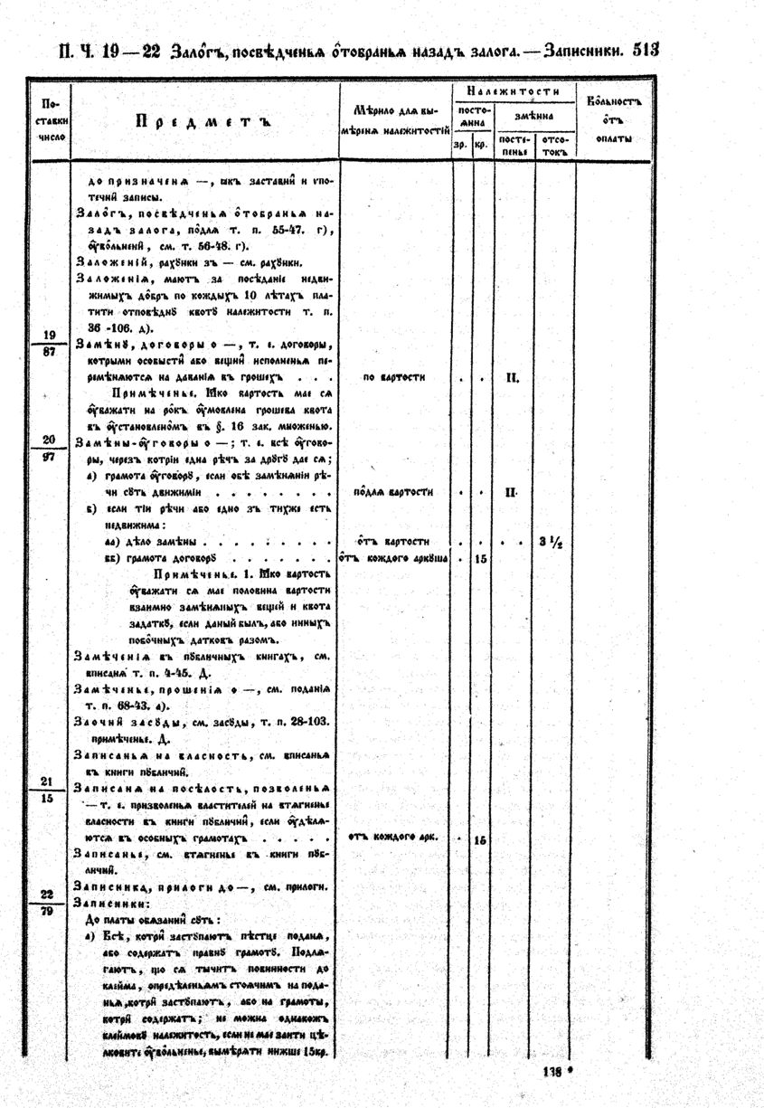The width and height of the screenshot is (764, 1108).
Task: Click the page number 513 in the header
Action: tap(646, 52)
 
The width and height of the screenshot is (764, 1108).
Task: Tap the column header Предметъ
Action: tap(203, 120)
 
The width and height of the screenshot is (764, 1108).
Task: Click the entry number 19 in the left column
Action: tap(50, 335)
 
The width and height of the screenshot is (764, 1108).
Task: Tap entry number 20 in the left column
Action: tap(50, 440)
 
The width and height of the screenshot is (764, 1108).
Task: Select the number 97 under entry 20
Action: tap(50, 457)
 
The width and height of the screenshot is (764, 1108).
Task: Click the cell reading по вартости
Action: tap(393, 377)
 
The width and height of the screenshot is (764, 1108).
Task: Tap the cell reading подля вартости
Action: tap(393, 492)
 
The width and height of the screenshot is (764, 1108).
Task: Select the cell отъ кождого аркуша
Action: tap(394, 559)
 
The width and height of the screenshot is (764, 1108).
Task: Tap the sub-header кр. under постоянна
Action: tap(482, 145)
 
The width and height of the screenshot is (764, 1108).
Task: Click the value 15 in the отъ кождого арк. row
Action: tap(481, 839)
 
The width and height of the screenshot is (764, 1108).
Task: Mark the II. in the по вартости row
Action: tap(512, 378)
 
